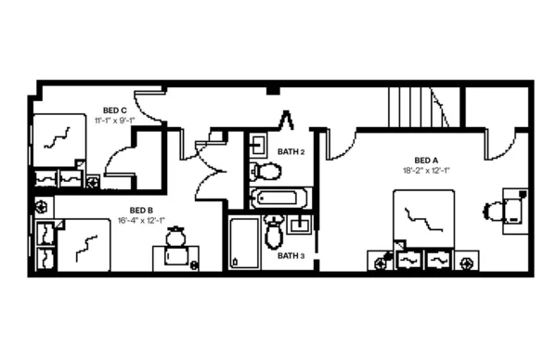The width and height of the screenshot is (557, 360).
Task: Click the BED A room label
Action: tap(426, 159)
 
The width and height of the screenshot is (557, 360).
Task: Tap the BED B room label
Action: tap(142, 210)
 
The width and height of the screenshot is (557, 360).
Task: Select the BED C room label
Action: tap(115, 109)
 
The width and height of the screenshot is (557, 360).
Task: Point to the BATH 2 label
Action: tap(291, 151)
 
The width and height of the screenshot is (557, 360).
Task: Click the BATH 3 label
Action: tap(291, 255)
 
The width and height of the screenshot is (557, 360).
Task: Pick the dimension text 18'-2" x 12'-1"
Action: tap(426, 170)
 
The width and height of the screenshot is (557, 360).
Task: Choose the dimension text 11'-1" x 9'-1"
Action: tap(115, 121)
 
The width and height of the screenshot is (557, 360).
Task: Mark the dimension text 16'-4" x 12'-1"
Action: tap(142, 221)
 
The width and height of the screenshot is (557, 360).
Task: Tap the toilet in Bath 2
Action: tap(267, 171)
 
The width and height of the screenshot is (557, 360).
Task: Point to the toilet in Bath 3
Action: tap(273, 232)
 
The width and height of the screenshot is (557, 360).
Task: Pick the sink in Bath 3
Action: tap(299, 224)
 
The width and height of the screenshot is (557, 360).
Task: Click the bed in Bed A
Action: tap(424, 219)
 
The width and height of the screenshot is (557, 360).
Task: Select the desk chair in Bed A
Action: tap(491, 212)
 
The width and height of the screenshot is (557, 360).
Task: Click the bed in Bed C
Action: tap(58, 139)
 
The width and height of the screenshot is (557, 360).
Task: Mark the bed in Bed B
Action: tap(84, 243)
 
